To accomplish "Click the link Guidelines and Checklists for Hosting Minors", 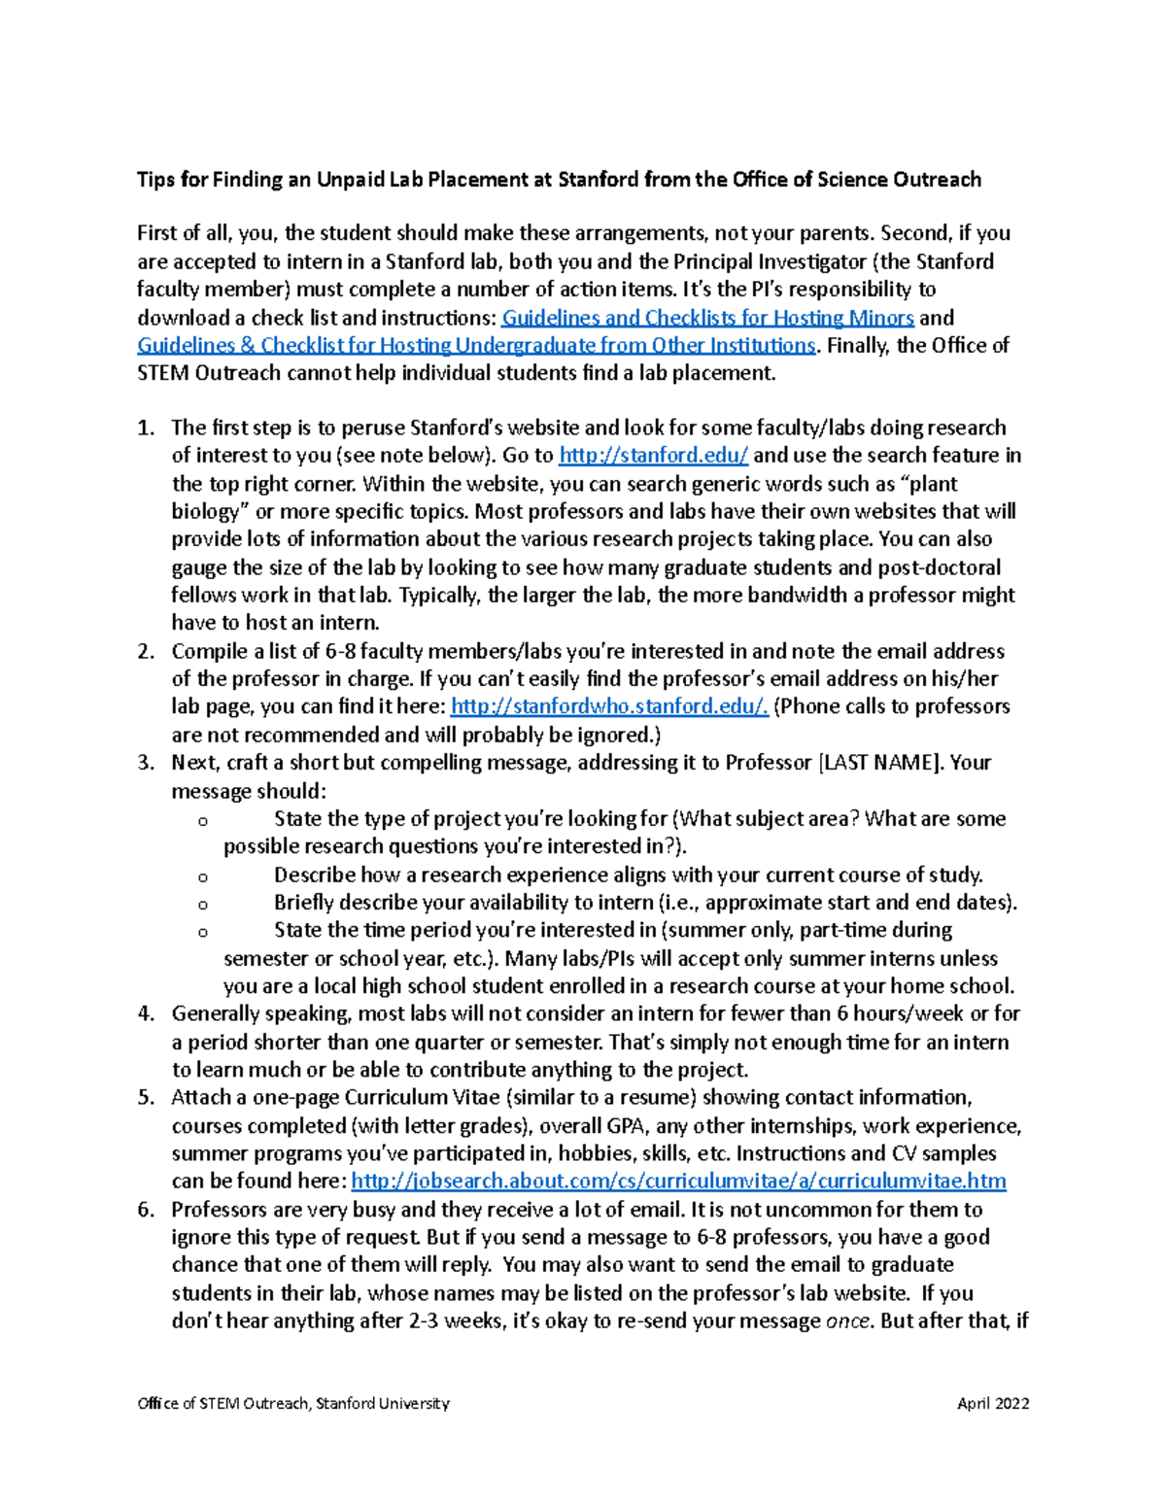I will tap(707, 318).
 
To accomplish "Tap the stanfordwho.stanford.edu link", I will tap(610, 706).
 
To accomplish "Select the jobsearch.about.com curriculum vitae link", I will tap(678, 1182).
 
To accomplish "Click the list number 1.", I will tap(146, 429).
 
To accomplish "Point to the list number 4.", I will tap(146, 1014).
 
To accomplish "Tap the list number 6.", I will tap(146, 1211).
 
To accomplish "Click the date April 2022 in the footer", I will tap(993, 1403).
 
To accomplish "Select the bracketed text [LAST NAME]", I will tap(880, 763).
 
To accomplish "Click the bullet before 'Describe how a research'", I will tap(203, 876).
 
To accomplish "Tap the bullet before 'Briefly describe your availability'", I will tap(203, 905).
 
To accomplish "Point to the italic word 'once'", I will tap(846, 1321).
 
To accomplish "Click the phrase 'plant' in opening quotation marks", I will tap(930, 484).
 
